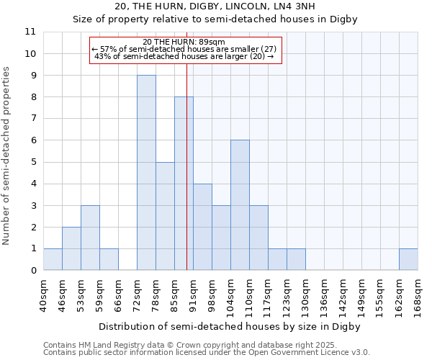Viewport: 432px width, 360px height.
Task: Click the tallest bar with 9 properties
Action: tap(146, 173)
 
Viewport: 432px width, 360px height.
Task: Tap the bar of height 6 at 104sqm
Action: tap(240, 205)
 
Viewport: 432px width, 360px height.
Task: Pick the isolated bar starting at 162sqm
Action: tap(408, 259)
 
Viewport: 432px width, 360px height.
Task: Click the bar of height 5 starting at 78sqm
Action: tap(165, 216)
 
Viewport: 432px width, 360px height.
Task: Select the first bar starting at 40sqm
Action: tap(53, 259)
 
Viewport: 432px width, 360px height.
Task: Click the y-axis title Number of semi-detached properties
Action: tap(7, 156)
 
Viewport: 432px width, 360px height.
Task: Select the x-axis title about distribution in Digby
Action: tap(229, 326)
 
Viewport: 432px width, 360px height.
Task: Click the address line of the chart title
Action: tap(216, 6)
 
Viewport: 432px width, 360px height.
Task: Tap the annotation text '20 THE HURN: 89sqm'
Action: tap(184, 42)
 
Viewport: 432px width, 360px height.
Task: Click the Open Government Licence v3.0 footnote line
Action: tap(207, 353)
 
